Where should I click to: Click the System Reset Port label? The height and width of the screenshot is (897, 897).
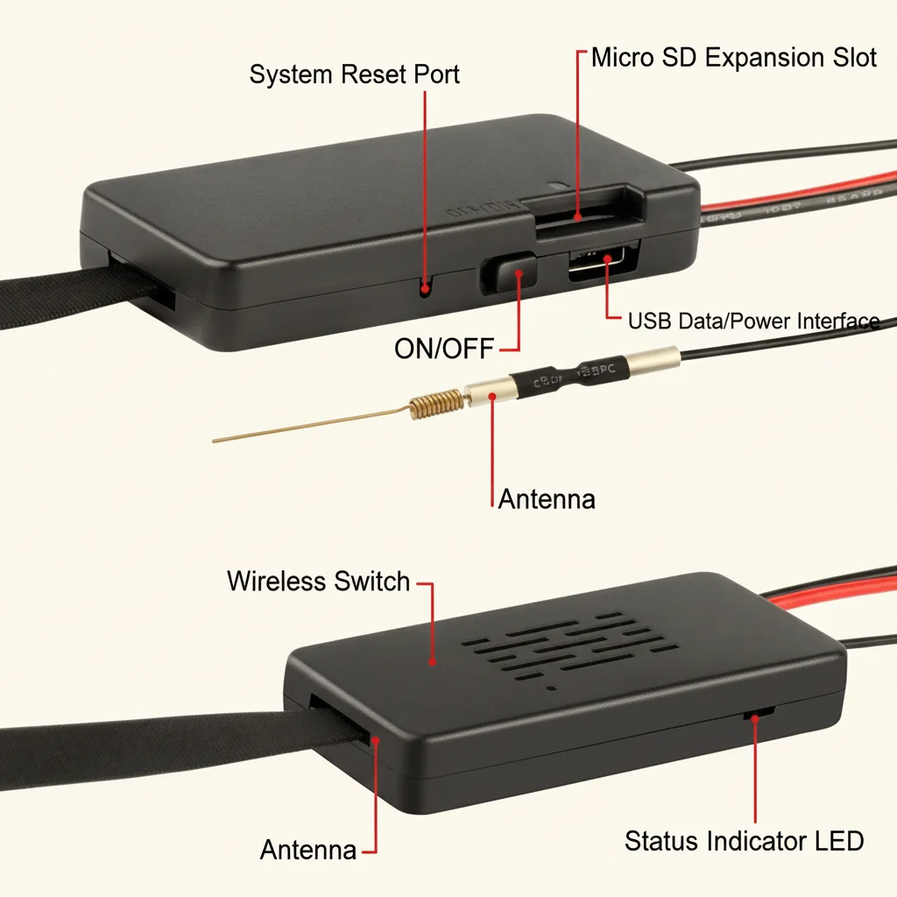click(354, 74)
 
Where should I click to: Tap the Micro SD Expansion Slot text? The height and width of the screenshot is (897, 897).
click(734, 59)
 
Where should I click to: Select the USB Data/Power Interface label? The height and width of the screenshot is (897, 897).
click(753, 321)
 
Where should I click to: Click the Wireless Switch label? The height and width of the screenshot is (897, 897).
click(318, 581)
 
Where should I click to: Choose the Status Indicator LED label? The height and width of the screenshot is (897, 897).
click(744, 841)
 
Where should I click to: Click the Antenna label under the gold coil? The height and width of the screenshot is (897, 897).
click(547, 499)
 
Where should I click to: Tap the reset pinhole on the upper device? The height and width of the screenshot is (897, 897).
click(426, 286)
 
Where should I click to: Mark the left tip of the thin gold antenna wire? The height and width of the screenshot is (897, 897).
click(215, 440)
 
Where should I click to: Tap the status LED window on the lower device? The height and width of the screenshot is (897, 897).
click(752, 716)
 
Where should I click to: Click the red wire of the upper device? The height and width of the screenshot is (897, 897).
click(788, 196)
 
